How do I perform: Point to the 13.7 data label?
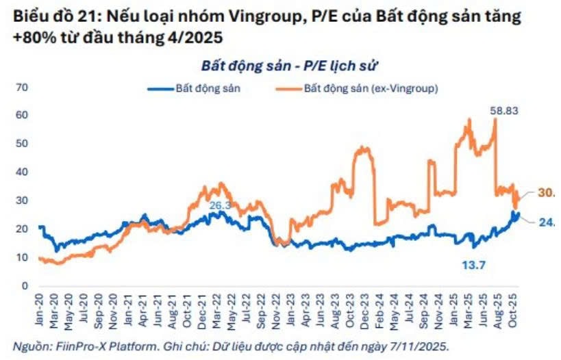(x=471, y=265)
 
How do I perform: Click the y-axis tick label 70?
(x=22, y=88)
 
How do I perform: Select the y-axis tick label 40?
(x=22, y=172)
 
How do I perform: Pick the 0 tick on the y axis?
(x=24, y=286)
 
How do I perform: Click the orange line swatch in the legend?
(x=289, y=89)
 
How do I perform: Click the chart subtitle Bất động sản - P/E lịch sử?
(x=290, y=66)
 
